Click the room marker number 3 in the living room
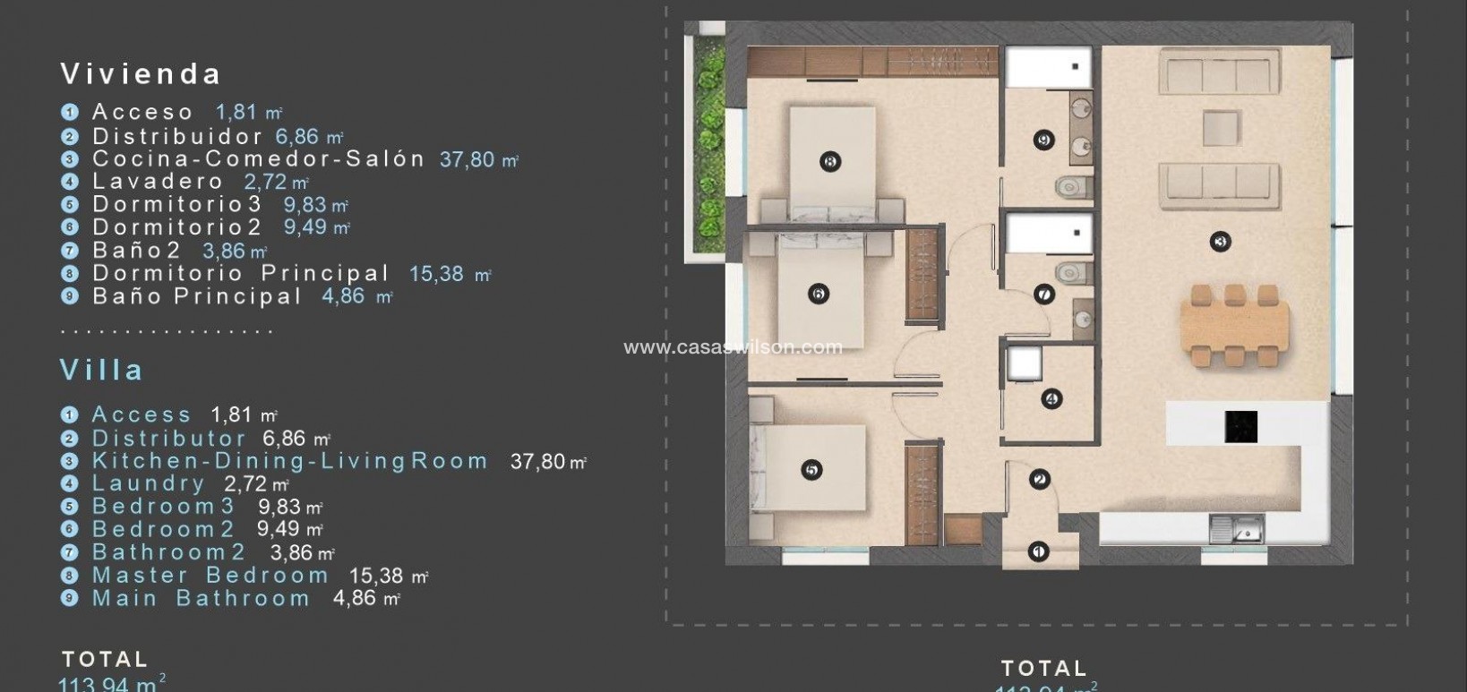point(1219,241)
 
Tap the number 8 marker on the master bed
point(829,162)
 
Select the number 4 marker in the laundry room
point(1051,399)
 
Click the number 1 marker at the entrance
point(1038,551)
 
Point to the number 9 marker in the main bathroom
point(1042,141)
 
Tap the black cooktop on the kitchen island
point(1240,426)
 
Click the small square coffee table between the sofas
point(1222,127)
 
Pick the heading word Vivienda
point(141,73)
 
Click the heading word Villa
point(101,370)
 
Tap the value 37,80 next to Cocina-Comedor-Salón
point(468,159)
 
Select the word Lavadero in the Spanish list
point(158,182)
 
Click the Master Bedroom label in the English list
point(210,576)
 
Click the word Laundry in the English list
point(149,483)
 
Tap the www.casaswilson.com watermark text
point(733,347)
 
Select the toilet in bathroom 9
point(1068,186)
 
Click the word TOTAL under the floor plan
point(1044,669)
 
